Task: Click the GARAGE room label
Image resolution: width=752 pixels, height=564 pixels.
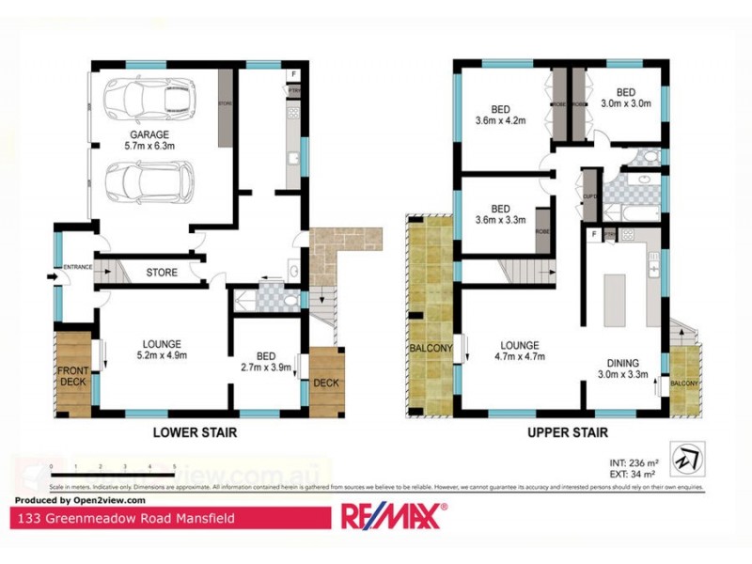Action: [149, 133]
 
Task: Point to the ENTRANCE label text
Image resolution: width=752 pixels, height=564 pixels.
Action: [77, 268]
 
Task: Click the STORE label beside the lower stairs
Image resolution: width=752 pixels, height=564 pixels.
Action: [162, 274]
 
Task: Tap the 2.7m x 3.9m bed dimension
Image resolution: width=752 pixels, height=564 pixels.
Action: [266, 368]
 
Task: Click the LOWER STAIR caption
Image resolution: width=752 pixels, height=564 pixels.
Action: [195, 433]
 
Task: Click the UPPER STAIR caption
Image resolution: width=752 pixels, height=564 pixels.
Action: [568, 433]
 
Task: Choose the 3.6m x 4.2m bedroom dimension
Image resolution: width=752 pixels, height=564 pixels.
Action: [500, 119]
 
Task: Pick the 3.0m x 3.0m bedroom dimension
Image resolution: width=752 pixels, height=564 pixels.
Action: [626, 104]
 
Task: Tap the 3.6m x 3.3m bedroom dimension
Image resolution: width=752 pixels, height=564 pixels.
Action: [500, 222]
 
